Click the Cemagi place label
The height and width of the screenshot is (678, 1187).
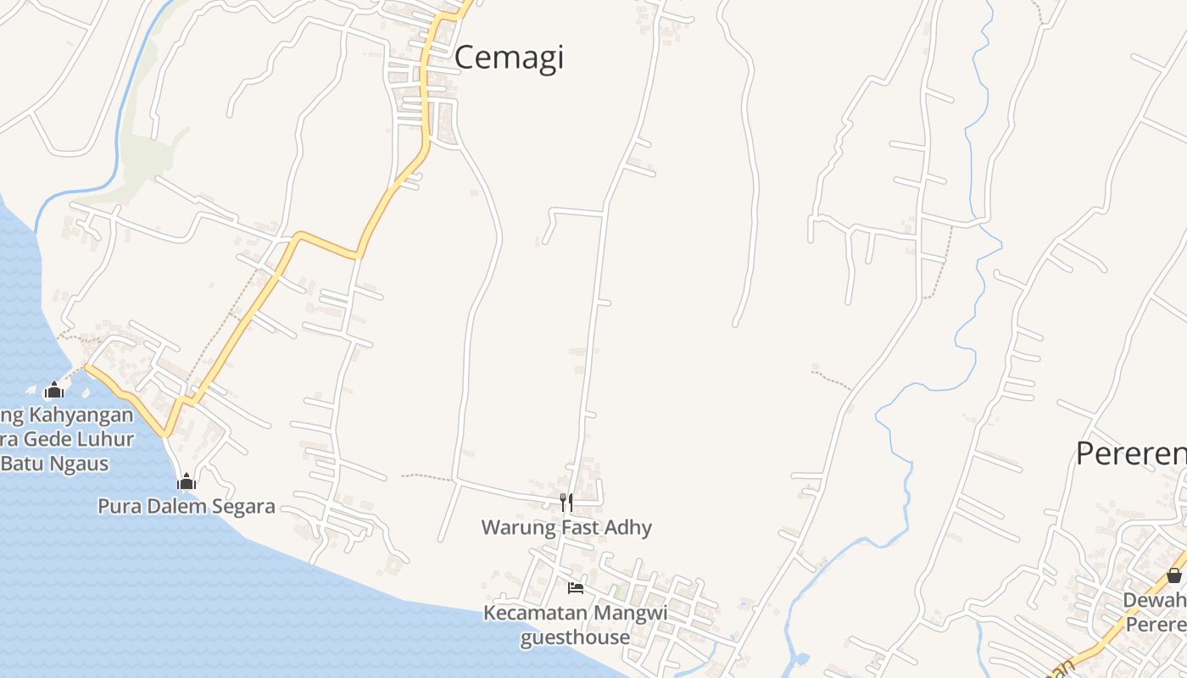coord(509,58)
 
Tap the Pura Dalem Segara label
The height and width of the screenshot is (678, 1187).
coord(187,507)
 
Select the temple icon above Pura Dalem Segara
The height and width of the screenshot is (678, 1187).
coord(187,482)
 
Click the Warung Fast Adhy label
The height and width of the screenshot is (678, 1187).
coord(566,528)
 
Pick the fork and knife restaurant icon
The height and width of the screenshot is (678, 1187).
coord(566,503)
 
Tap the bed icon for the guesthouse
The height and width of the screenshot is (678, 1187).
coord(576,587)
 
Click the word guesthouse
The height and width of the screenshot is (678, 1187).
coord(575,637)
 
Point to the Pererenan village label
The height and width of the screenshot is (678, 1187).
coord(1132,453)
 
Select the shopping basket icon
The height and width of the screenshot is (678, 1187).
coord(1174,575)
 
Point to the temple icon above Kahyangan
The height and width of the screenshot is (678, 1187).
coord(54,391)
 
